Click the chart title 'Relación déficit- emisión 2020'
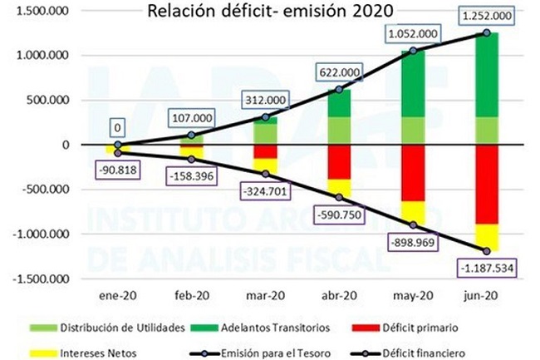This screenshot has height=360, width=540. pyautogui.click(x=270, y=11)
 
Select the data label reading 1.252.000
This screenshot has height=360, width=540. pyautogui.click(x=487, y=16)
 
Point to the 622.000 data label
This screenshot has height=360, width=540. pyautogui.click(x=340, y=72)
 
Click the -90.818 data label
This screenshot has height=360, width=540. pyautogui.click(x=117, y=170)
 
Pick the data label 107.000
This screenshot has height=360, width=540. pyautogui.click(x=192, y=118)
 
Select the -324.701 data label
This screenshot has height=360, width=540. pyautogui.click(x=265, y=191)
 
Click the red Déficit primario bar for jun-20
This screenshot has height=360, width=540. pyautogui.click(x=487, y=185)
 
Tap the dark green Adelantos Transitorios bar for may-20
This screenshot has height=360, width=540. pyautogui.click(x=413, y=84)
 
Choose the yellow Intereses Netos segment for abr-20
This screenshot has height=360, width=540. pyautogui.click(x=339, y=188)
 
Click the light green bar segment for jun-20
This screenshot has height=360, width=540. pyautogui.click(x=487, y=131)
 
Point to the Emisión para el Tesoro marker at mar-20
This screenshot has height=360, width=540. pyautogui.click(x=265, y=117)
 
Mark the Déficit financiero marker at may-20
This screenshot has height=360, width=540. pyautogui.click(x=413, y=225)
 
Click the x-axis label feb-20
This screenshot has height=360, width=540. pyautogui.click(x=192, y=296)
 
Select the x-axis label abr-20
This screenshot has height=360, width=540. pyautogui.click(x=339, y=296)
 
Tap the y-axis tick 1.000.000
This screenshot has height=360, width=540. pyautogui.click(x=42, y=55)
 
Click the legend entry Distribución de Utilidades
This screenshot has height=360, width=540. pyautogui.click(x=107, y=328)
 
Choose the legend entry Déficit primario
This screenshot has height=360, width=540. pyautogui.click(x=405, y=328)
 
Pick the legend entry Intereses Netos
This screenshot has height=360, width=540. pyautogui.click(x=83, y=353)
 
